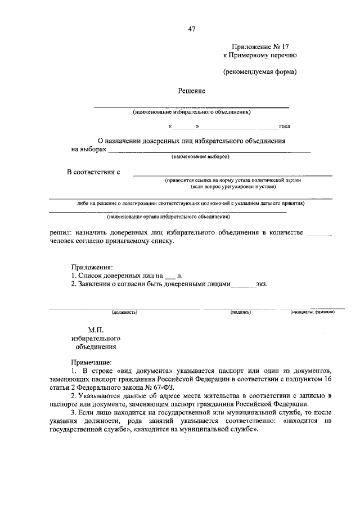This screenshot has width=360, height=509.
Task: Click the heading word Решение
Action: (191, 91)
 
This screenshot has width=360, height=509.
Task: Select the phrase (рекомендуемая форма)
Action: (259, 72)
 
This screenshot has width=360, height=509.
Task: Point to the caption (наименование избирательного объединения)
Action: (191, 112)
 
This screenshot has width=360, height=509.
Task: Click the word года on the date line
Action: (284, 127)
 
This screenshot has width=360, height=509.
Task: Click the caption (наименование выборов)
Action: (200, 156)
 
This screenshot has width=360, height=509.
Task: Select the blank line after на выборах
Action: (209, 151)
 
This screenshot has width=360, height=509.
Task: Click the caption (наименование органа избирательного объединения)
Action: (168, 216)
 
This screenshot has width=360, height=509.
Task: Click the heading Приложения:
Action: (92, 267)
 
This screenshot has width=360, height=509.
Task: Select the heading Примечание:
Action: (91, 363)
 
